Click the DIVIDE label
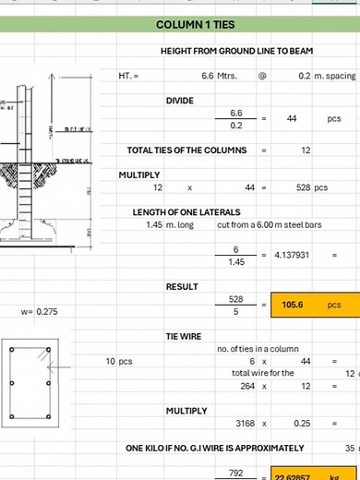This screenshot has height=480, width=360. click(180, 100)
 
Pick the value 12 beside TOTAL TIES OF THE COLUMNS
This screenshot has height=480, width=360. click(306, 150)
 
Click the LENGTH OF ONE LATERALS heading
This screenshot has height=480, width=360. click(187, 212)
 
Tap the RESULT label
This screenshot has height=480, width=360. click(182, 287)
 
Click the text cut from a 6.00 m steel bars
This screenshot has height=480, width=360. click(267, 224)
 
